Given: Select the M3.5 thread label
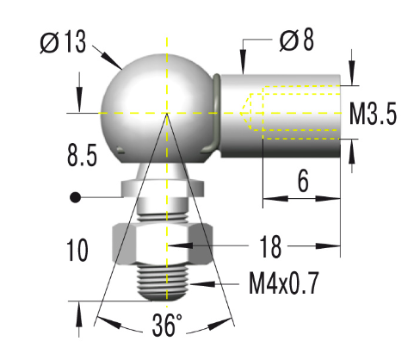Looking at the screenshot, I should point(374,114).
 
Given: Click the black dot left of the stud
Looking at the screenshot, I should point(76,197).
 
